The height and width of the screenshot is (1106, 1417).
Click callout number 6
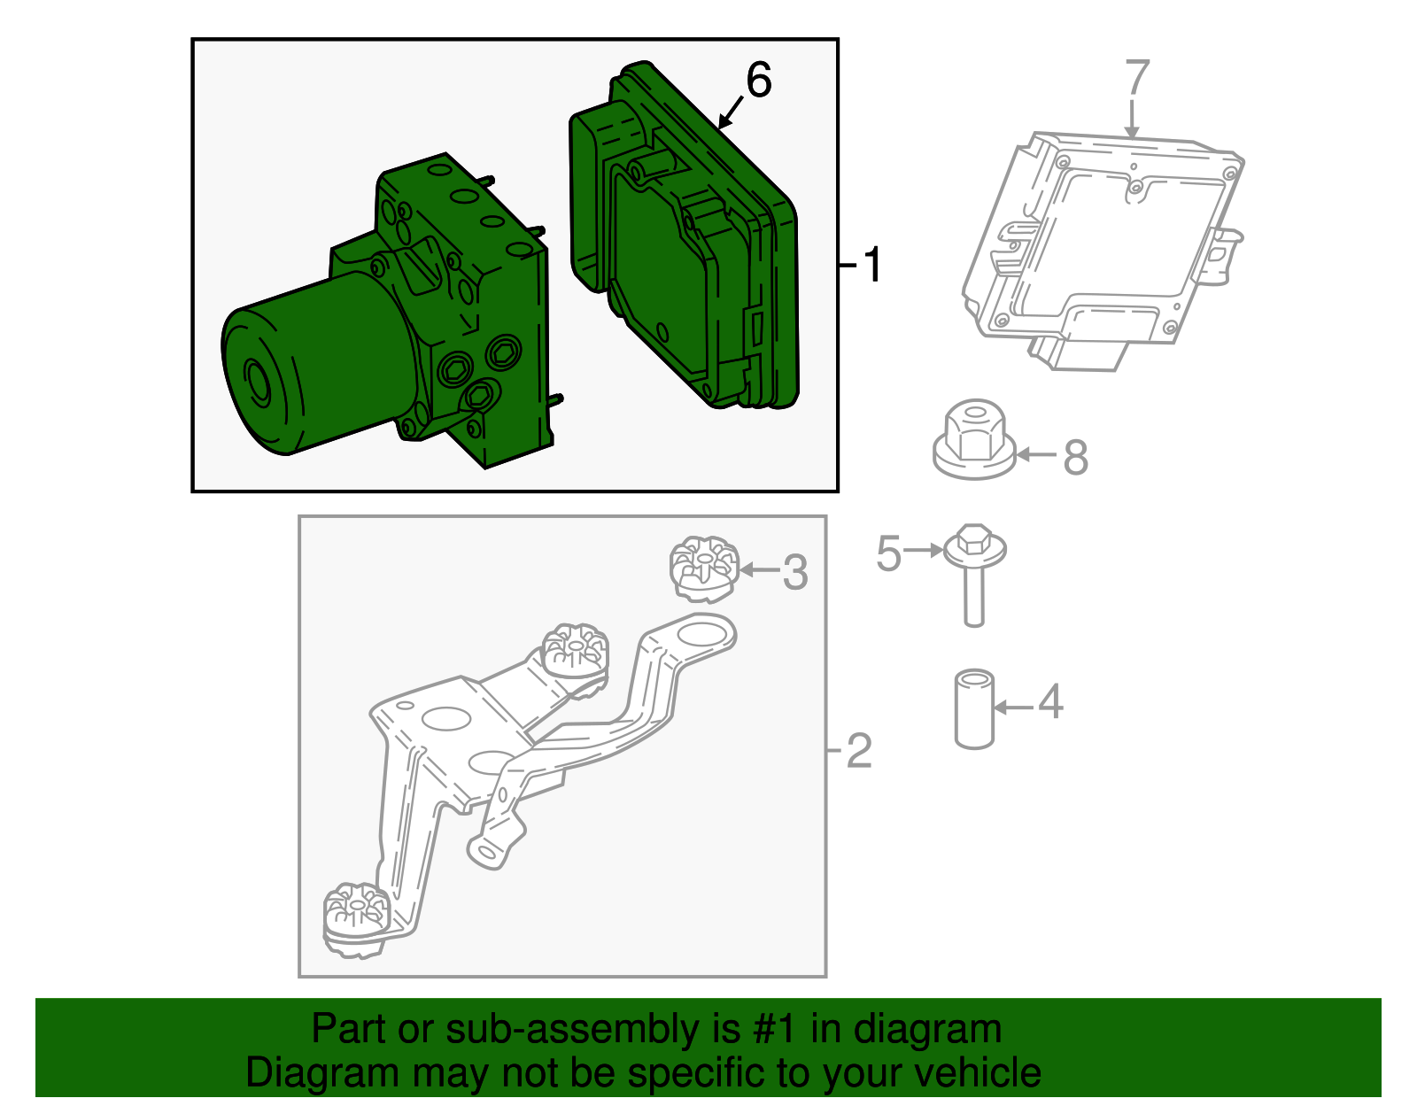[759, 81]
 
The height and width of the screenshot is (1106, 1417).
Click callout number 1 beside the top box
[873, 265]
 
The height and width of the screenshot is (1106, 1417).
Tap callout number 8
[1075, 457]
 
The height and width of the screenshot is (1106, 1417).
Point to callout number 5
[888, 553]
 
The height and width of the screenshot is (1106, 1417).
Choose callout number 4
[1050, 702]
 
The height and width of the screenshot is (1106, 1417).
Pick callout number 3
[795, 572]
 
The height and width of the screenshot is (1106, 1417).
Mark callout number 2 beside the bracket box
[859, 751]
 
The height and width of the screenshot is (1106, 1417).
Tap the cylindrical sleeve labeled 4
[974, 709]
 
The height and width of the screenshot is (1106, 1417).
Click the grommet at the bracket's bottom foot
[355, 917]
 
